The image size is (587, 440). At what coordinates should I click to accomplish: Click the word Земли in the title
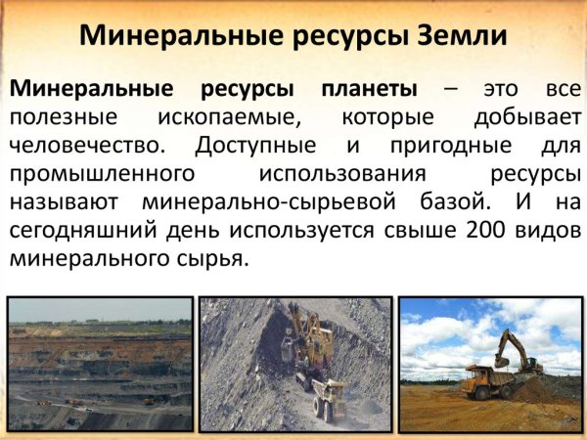[x=463, y=36]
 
